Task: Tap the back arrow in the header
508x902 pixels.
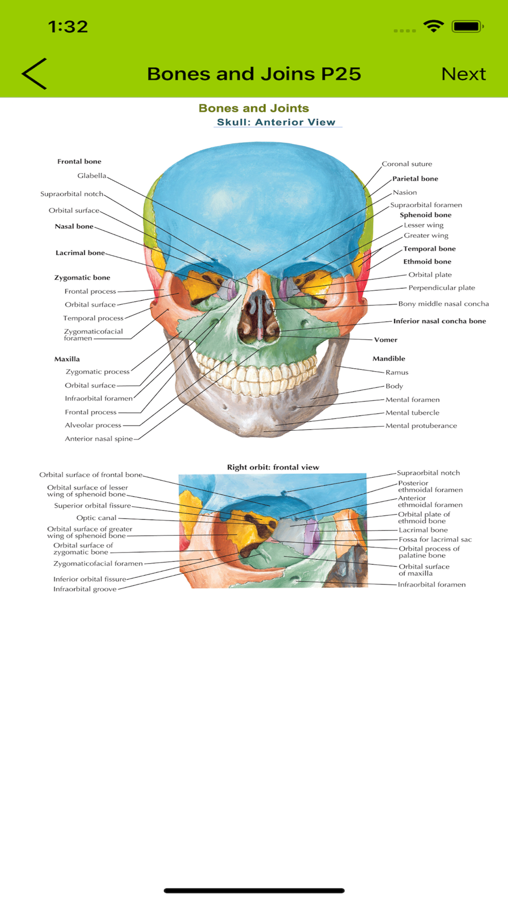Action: click(x=35, y=74)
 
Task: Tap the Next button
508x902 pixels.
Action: click(x=463, y=74)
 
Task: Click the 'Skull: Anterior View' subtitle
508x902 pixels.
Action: click(x=276, y=122)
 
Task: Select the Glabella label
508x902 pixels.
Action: click(x=91, y=176)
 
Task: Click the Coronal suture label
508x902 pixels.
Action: click(x=407, y=164)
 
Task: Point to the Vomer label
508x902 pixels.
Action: click(x=386, y=340)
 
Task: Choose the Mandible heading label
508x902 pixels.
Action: click(x=389, y=359)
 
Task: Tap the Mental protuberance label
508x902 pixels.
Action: click(x=421, y=426)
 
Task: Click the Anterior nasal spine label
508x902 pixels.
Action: click(x=99, y=439)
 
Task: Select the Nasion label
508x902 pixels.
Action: click(x=405, y=192)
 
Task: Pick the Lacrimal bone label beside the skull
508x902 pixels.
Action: click(x=80, y=253)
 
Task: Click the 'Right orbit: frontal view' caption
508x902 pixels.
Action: click(x=273, y=467)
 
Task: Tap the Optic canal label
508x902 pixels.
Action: click(x=96, y=518)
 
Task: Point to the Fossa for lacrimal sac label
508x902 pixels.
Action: click(x=435, y=539)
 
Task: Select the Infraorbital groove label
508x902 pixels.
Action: click(x=85, y=589)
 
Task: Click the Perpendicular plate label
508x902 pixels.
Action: click(x=441, y=288)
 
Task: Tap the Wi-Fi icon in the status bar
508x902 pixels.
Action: click(x=433, y=26)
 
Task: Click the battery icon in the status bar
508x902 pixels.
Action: click(x=467, y=26)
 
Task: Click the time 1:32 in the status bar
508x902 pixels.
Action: click(x=68, y=26)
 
